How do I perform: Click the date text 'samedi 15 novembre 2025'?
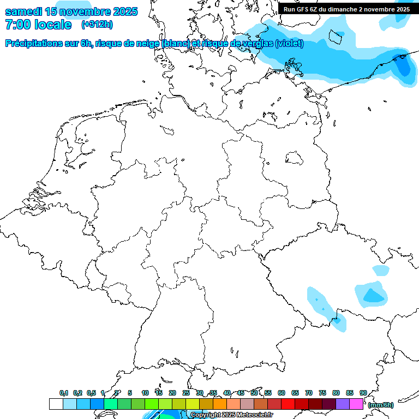point(71,11)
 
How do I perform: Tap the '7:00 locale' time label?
point(38,25)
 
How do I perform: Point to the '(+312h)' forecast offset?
point(97,25)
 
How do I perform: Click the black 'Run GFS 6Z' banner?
point(347,9)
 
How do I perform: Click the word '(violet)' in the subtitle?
point(289,44)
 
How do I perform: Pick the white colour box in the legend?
point(56,404)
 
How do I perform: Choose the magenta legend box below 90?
point(356,404)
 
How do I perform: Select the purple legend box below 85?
point(343,404)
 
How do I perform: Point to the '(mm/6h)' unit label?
point(381,404)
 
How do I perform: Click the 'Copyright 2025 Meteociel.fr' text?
point(231,415)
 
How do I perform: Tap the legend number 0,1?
point(64,393)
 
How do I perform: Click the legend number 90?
point(363,393)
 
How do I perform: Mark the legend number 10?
point(145,393)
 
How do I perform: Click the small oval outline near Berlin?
point(294,157)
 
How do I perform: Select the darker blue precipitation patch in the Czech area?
point(374,296)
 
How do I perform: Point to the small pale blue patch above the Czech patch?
point(381,270)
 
